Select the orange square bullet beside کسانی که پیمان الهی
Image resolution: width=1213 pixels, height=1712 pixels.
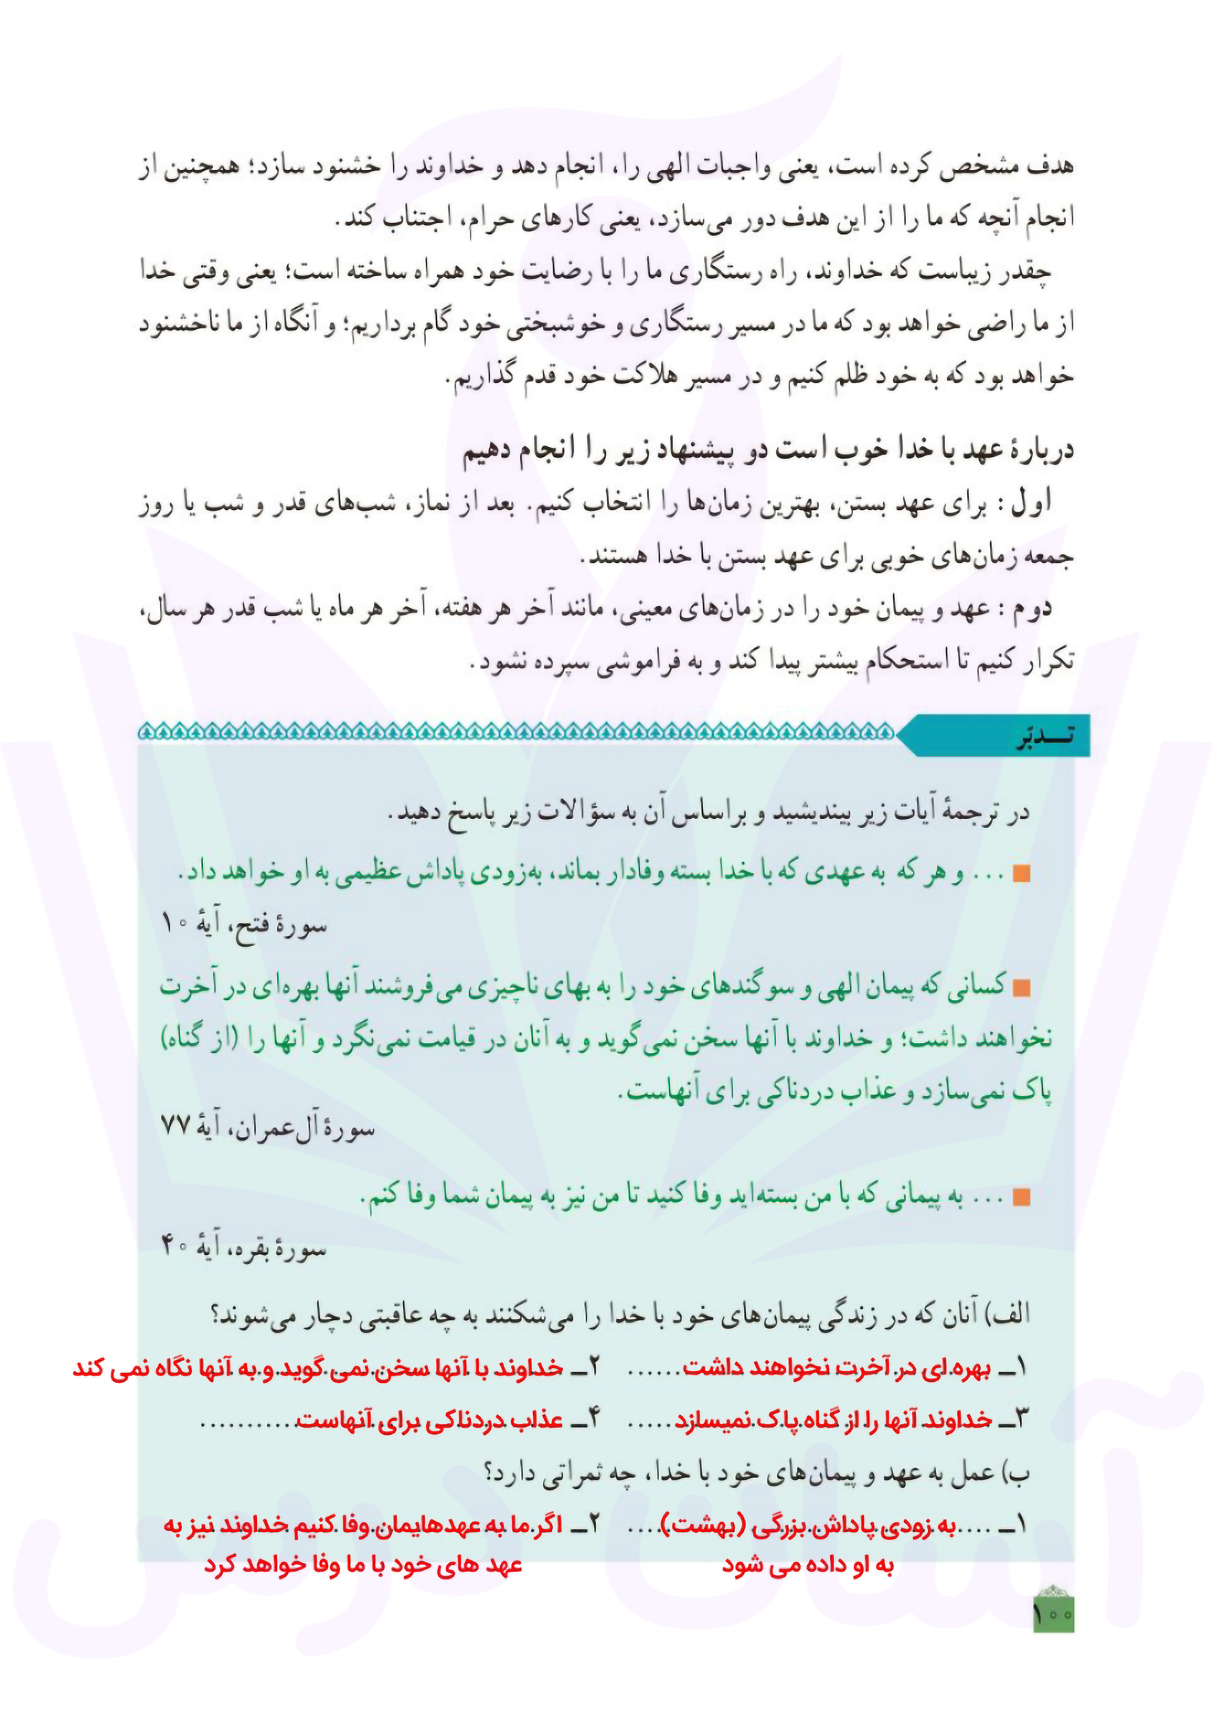coord(1021,988)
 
